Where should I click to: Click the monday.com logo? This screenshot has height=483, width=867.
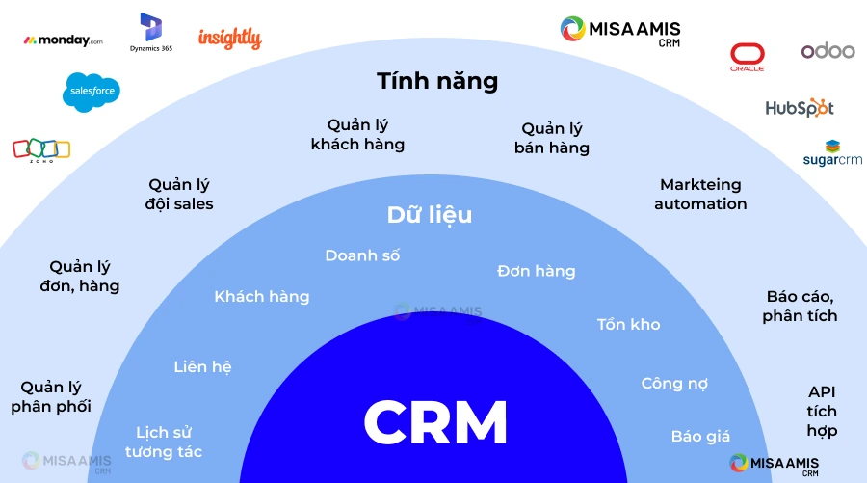(63, 40)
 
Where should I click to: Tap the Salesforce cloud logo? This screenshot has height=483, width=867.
(92, 92)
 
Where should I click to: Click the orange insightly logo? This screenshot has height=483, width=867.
(229, 39)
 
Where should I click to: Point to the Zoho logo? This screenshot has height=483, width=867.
(41, 149)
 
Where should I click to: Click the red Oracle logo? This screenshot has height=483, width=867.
(748, 57)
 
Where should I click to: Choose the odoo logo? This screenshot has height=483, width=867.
(828, 51)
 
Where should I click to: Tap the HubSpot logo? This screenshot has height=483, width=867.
(800, 108)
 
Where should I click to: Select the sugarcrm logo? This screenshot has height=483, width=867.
(832, 154)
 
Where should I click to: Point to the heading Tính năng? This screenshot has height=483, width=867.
(437, 81)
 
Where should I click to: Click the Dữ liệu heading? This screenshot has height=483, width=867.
(430, 215)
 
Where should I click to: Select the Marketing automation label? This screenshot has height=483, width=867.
(700, 194)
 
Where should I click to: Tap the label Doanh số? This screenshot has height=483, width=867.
(362, 255)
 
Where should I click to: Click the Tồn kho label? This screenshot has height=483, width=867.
(628, 324)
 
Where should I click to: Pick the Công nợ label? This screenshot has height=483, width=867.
(674, 384)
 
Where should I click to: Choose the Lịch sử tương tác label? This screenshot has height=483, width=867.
(169, 442)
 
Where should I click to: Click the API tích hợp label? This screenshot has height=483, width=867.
(822, 412)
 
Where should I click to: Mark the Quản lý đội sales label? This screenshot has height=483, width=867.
(180, 194)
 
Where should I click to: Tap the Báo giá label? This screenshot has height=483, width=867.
(700, 437)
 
